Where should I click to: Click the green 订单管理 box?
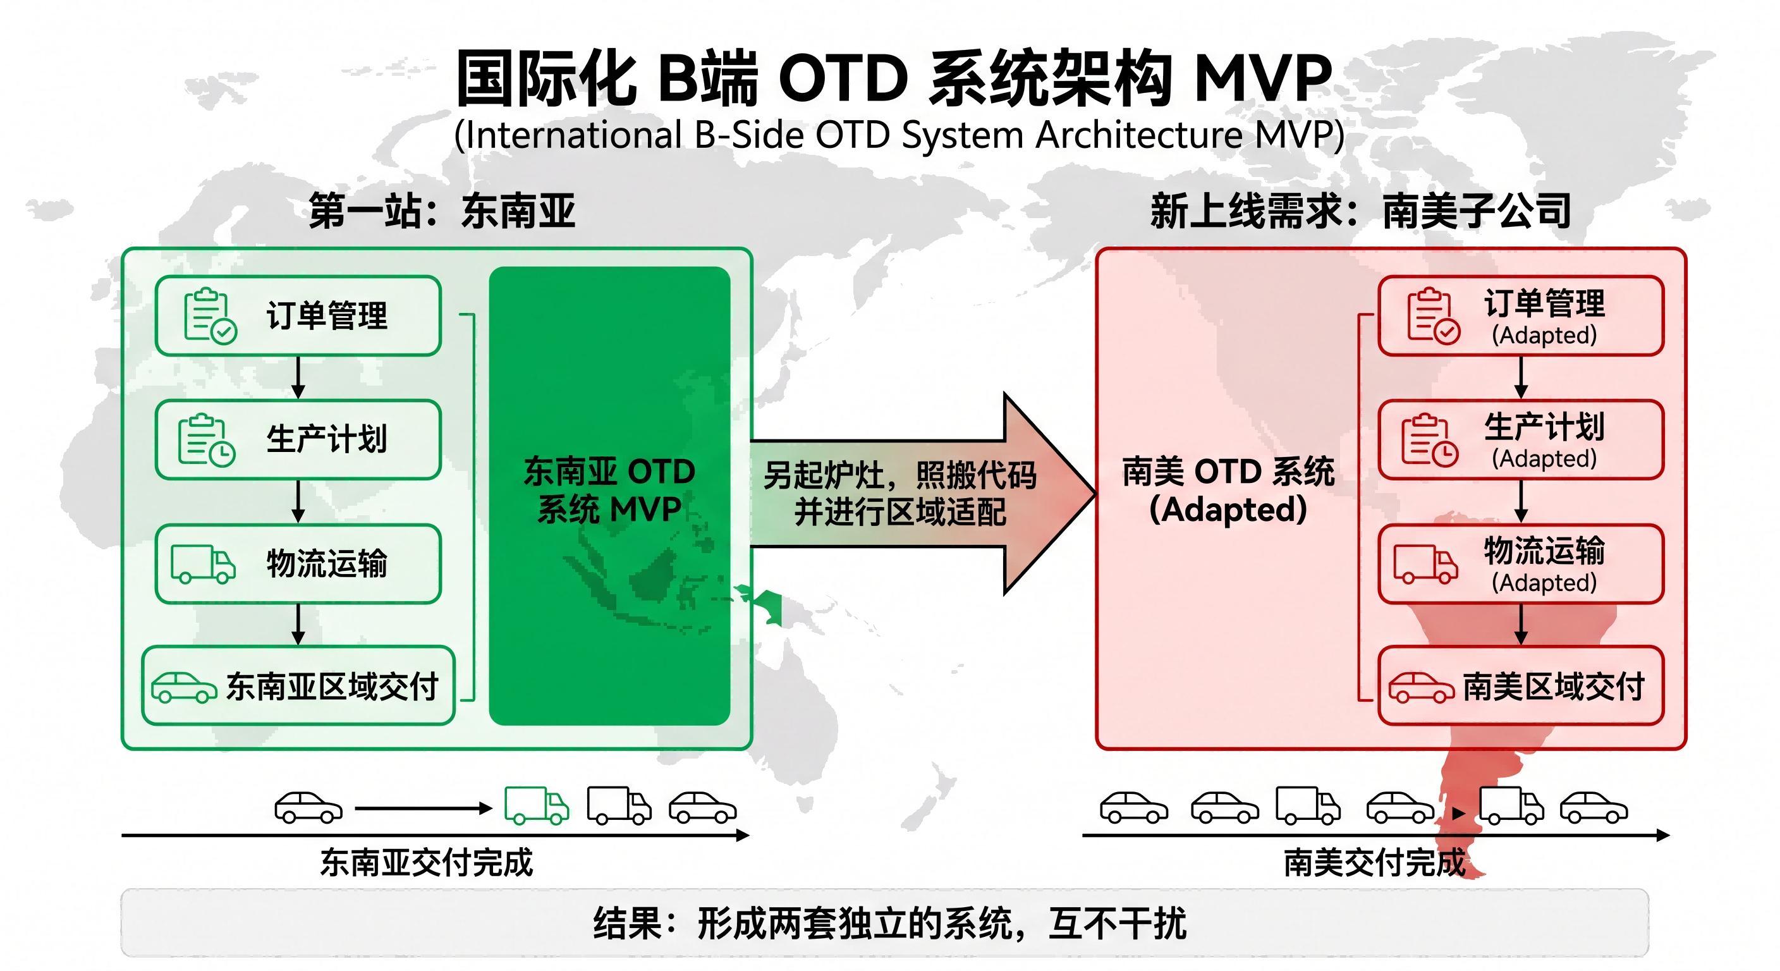pyautogui.click(x=298, y=316)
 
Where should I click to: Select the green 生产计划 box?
pyautogui.click(x=298, y=439)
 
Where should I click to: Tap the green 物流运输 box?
pyautogui.click(x=298, y=564)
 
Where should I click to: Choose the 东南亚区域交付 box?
pyautogui.click(x=298, y=685)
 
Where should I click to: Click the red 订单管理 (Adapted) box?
pyautogui.click(x=1521, y=316)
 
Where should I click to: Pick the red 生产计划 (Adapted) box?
pyautogui.click(x=1521, y=439)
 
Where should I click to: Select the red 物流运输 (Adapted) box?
pyautogui.click(x=1521, y=564)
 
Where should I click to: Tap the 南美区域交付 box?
pyautogui.click(x=1521, y=685)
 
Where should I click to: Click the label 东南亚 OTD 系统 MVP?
pyautogui.click(x=609, y=490)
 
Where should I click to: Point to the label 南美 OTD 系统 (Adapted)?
pyautogui.click(x=1229, y=490)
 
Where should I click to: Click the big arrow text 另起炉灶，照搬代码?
pyautogui.click(x=899, y=475)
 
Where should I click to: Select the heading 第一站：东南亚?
pyautogui.click(x=442, y=210)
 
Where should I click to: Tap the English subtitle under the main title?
pyautogui.click(x=899, y=135)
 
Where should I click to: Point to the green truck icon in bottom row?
pyautogui.click(x=537, y=805)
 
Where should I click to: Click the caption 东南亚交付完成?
pyautogui.click(x=426, y=862)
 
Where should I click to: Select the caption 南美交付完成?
pyautogui.click(x=1374, y=862)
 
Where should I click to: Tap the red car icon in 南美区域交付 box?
pyautogui.click(x=1422, y=687)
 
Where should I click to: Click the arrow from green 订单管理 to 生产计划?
pyautogui.click(x=298, y=377)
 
